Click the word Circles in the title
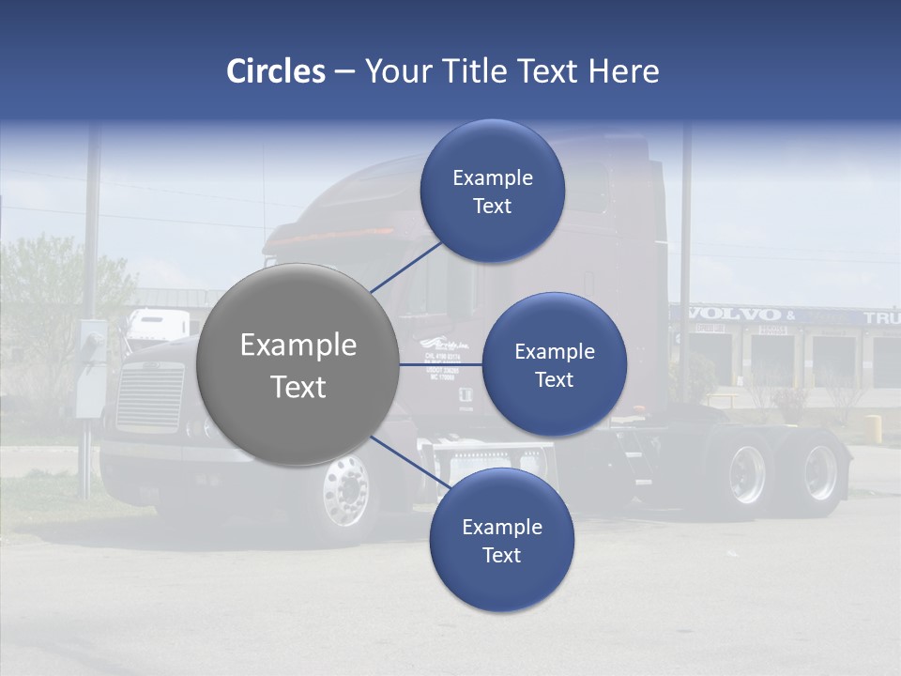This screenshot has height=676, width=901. (x=275, y=71)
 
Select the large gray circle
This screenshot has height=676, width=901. (x=298, y=364)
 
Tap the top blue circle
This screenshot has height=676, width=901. (x=492, y=191)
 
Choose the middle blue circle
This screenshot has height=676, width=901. (x=554, y=364)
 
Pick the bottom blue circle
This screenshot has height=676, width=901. (x=501, y=540)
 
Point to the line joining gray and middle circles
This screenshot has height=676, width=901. (x=439, y=364)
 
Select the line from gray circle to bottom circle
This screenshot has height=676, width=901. (x=411, y=463)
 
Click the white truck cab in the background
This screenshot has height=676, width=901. (x=157, y=326)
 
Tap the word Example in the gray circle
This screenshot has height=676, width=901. (x=298, y=346)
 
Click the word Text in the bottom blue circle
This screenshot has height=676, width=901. (x=501, y=555)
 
